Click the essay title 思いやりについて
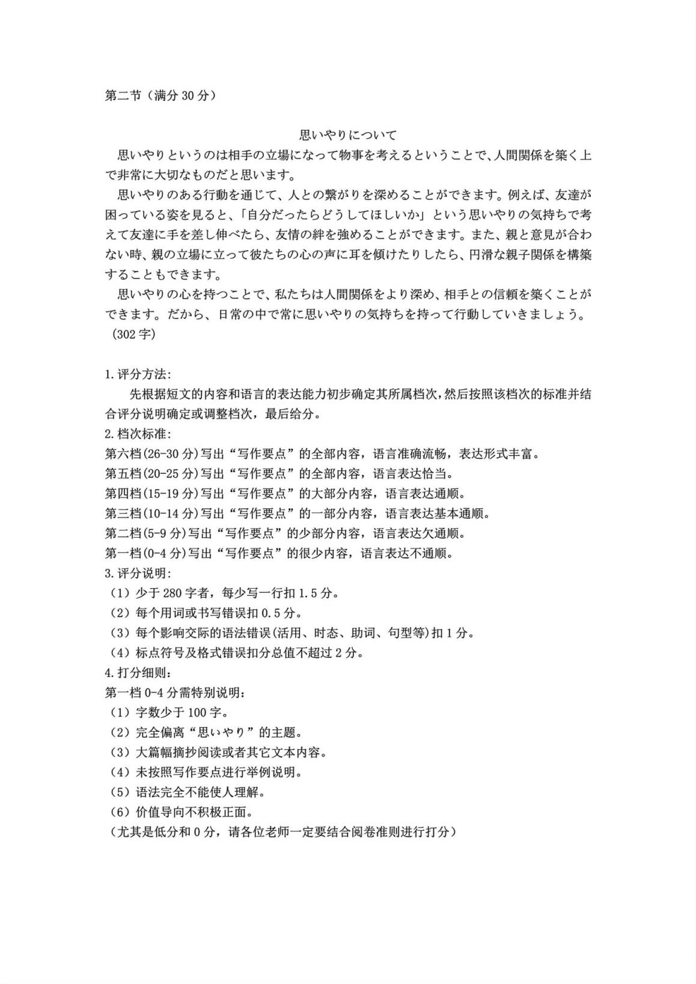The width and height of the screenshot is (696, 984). [348, 135]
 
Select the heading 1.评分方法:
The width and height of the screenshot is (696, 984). [138, 374]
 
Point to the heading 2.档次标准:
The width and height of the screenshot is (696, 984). [138, 434]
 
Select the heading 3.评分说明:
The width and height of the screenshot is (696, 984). [138, 572]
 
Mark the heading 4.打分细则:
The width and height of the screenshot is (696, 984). [138, 672]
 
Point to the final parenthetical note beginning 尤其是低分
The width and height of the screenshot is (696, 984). [281, 832]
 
